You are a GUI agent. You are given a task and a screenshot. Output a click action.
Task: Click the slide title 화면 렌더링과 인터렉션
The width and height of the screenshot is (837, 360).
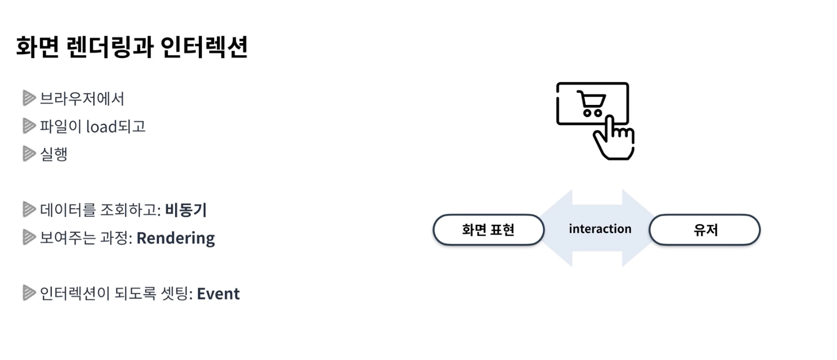point(132,47)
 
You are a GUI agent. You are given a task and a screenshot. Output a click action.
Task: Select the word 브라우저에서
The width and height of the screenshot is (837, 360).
point(82,99)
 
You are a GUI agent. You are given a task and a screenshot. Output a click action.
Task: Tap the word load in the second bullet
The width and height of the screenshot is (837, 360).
point(101,126)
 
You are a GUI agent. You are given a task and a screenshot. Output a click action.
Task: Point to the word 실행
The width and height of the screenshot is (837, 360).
point(54,154)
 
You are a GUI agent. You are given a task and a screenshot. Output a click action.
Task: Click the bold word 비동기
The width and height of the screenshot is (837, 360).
point(186,210)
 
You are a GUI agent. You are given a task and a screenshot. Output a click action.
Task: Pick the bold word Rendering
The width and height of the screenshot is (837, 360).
point(176,238)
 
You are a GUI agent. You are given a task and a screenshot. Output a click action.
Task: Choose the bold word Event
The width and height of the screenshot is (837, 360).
point(218,294)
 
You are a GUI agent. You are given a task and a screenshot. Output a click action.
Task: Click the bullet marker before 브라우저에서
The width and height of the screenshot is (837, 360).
point(29,99)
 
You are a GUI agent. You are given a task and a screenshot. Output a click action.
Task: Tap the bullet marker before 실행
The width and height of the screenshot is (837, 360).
point(29,154)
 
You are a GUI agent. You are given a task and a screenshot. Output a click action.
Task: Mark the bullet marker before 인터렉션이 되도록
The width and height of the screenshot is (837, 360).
point(29,293)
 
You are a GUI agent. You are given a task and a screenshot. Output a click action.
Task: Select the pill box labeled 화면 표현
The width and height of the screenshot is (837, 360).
point(488,229)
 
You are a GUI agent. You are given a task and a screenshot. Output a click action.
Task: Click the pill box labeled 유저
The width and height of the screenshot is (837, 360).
point(704,229)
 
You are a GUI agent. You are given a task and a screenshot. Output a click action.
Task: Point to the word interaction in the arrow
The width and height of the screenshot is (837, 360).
point(600,229)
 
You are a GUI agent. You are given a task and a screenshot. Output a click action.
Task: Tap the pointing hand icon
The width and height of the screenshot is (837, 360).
point(613,138)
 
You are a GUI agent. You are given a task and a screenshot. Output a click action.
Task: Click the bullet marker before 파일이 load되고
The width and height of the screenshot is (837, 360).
point(29,126)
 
